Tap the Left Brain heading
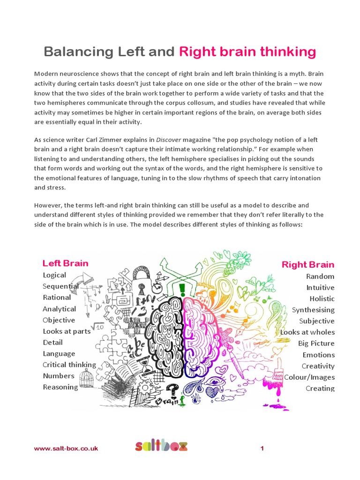click(x=65, y=263)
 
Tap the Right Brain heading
click(x=307, y=264)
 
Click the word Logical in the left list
click(x=54, y=275)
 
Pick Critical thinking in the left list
click(x=69, y=365)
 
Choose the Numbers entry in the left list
click(x=59, y=376)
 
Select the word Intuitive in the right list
click(x=320, y=287)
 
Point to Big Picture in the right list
click(x=316, y=344)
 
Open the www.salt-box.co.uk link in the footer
click(x=66, y=449)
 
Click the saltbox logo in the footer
click(x=161, y=446)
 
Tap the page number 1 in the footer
click(x=262, y=449)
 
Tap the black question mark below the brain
click(x=173, y=389)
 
